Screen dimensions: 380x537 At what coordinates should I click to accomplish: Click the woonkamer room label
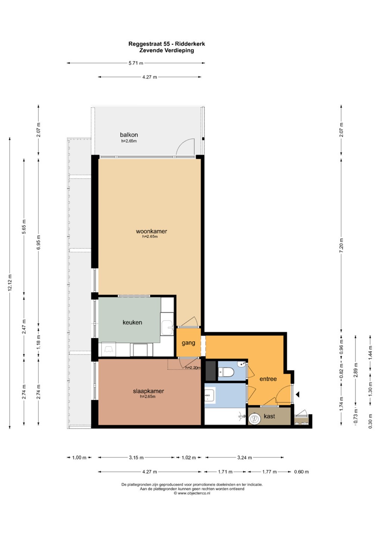click(x=152, y=231)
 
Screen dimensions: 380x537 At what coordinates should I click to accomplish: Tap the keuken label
click(x=132, y=323)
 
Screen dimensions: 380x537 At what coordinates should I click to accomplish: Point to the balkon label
click(x=129, y=135)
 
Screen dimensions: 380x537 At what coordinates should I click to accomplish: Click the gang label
click(x=189, y=343)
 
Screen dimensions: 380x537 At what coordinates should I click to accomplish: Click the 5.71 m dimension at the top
click(x=136, y=63)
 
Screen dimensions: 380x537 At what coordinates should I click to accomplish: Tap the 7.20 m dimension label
click(x=342, y=245)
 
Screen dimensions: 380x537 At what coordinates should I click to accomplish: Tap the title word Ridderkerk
click(x=190, y=44)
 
